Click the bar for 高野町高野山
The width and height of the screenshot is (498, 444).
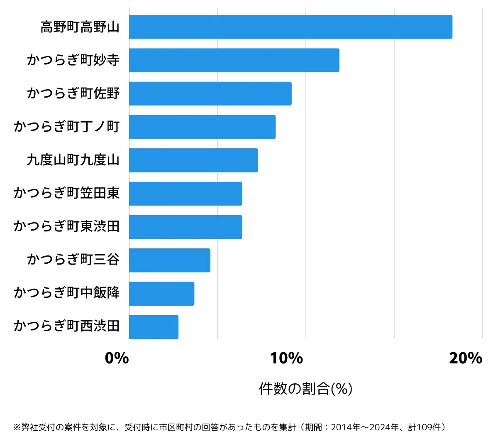tap(290, 27)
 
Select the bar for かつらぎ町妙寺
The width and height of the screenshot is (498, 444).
tap(234, 60)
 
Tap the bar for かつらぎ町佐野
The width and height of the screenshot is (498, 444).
tap(210, 93)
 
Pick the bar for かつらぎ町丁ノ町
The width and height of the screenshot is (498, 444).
tap(202, 127)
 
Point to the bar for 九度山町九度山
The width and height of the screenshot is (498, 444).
tap(193, 160)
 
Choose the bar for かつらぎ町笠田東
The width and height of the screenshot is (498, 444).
tap(186, 194)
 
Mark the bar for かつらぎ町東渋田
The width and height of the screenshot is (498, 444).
tap(186, 227)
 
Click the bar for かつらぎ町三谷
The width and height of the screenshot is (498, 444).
tap(170, 260)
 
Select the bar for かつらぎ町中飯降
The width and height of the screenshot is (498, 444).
tap(161, 294)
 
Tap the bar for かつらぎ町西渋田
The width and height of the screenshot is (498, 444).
tap(154, 327)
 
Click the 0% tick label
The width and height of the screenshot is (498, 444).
tap(117, 358)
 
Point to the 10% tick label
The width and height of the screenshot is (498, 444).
tap(286, 358)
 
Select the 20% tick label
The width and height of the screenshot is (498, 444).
tap(465, 358)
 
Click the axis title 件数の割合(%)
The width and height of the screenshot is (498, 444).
tap(305, 389)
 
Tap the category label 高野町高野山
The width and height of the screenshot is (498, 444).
tap(80, 27)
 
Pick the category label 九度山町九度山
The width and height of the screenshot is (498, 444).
tap(73, 160)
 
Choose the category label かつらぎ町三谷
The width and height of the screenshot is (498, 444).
tap(73, 260)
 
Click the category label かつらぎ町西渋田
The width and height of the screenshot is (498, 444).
tap(66, 326)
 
